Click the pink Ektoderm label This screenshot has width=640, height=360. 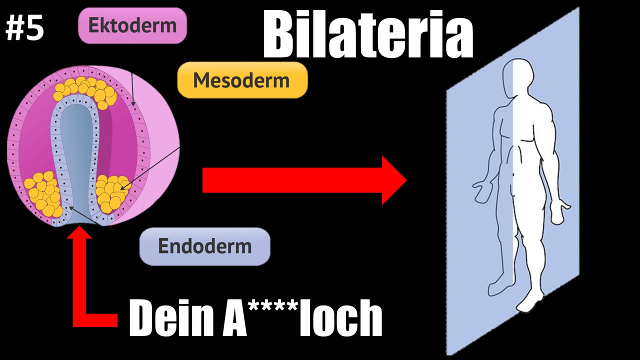coord(132,25)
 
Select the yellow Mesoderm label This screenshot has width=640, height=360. coord(242,80)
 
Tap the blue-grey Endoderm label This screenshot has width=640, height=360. coord(205,246)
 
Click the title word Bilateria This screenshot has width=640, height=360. coord(368,33)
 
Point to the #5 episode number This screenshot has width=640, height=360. coord(24,27)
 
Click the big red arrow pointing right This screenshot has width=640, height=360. coord(304,180)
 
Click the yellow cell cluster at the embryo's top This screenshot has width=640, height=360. coord(85,90)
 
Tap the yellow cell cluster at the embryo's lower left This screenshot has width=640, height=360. coord(43,193)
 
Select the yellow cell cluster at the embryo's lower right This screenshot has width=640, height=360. coord(112,193)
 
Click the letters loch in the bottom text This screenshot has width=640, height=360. coord(340,318)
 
